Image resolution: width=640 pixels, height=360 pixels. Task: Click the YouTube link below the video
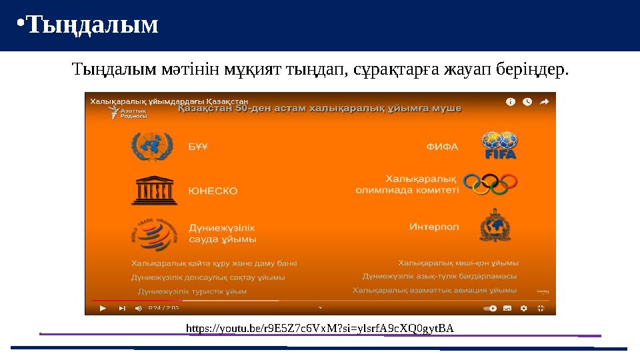coord(320,328)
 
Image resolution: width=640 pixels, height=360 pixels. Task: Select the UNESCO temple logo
coord(153,191)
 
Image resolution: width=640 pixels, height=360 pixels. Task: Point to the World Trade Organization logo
coord(153,233)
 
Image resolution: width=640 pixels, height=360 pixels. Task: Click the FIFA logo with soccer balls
coord(499,145)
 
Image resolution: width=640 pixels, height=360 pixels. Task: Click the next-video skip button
coord(122,308)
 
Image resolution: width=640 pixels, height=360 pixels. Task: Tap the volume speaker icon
coord(138,308)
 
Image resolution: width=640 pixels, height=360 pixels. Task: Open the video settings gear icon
coord(523,308)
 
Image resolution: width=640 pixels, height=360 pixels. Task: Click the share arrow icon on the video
coord(544,102)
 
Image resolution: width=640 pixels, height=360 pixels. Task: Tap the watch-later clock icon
coord(527,102)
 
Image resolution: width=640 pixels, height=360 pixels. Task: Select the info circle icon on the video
coord(511,102)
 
